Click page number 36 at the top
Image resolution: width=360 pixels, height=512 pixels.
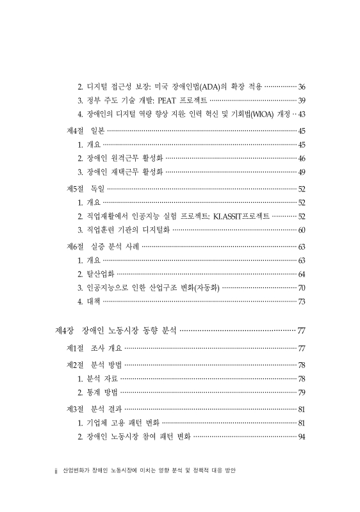pyautogui.click(x=302, y=86)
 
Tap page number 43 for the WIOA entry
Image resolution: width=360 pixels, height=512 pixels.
pyautogui.click(x=302, y=115)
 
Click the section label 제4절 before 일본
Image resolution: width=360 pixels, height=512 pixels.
pyautogui.click(x=76, y=131)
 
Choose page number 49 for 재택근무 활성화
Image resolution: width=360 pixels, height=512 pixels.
pyautogui.click(x=302, y=172)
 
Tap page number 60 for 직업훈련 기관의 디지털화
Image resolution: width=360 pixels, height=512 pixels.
pyautogui.click(x=302, y=230)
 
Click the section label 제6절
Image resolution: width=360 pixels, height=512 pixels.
pyautogui.click(x=76, y=246)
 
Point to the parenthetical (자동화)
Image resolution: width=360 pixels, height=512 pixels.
pyautogui.click(x=203, y=288)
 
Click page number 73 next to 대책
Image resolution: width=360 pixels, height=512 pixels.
pyautogui.click(x=302, y=302)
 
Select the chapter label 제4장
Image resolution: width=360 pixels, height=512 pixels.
pyautogui.click(x=66, y=330)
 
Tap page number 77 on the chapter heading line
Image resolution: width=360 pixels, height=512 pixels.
pyautogui.click(x=301, y=330)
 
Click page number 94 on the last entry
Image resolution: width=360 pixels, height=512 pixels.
pyautogui.click(x=302, y=437)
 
